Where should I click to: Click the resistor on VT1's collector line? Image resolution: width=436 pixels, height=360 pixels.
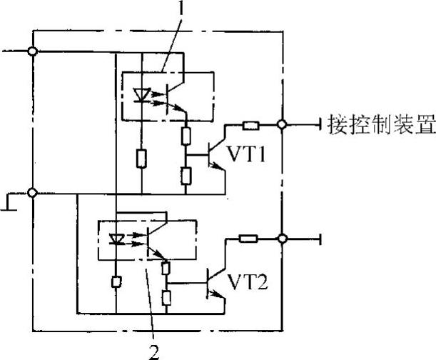tap(250, 125)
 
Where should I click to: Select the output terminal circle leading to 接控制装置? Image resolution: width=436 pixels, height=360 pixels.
tap(283, 125)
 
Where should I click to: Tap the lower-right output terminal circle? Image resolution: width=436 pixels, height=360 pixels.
tap(283, 239)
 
